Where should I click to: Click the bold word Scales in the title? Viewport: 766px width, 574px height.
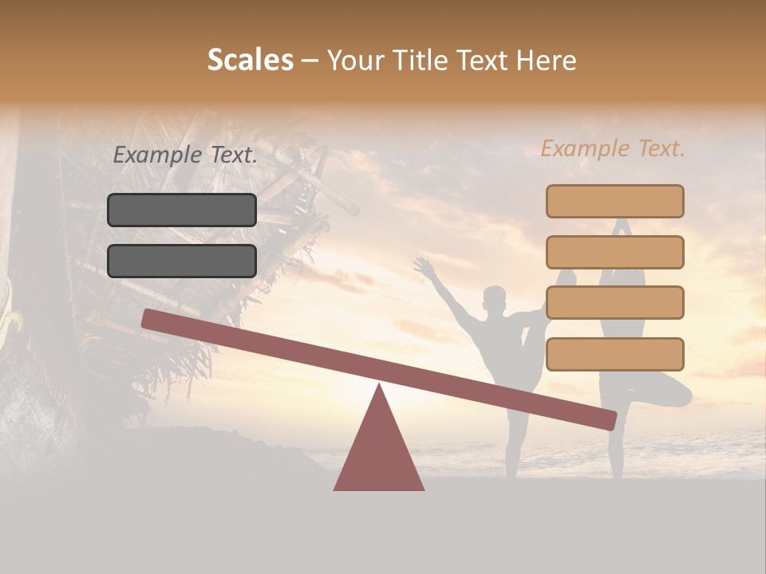coord(250,61)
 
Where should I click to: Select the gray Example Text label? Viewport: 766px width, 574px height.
coord(185,155)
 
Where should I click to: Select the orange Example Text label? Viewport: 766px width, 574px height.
coord(613,148)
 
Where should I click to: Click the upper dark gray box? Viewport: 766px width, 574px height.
coord(182,210)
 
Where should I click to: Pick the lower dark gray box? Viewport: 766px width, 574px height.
coord(182,261)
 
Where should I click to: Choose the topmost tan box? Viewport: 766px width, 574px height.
coord(614,201)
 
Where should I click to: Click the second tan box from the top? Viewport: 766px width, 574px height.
coord(614,252)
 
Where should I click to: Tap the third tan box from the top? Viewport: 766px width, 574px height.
coord(614,303)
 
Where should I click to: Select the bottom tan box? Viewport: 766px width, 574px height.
coord(614,354)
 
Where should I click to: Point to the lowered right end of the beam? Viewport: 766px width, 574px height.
coord(607,419)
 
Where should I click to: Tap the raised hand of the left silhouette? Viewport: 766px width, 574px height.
coord(423,267)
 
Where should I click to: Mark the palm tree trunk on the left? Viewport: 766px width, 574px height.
coord(32,319)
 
